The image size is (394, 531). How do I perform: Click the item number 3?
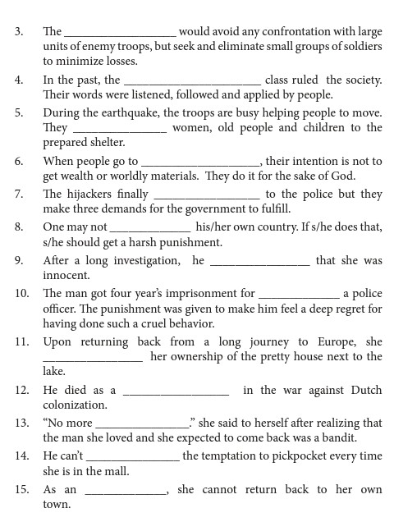[x=19, y=32]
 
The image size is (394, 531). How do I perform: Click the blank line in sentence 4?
[x=192, y=81]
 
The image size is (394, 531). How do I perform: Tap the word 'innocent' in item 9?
[x=66, y=276]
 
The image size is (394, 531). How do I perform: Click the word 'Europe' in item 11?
[x=337, y=341]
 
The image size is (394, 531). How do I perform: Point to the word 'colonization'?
[x=75, y=405]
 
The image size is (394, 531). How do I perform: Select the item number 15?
[x=21, y=490]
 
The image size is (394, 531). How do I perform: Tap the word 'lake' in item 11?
[x=53, y=372]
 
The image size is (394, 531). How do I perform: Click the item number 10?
[x=21, y=293]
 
